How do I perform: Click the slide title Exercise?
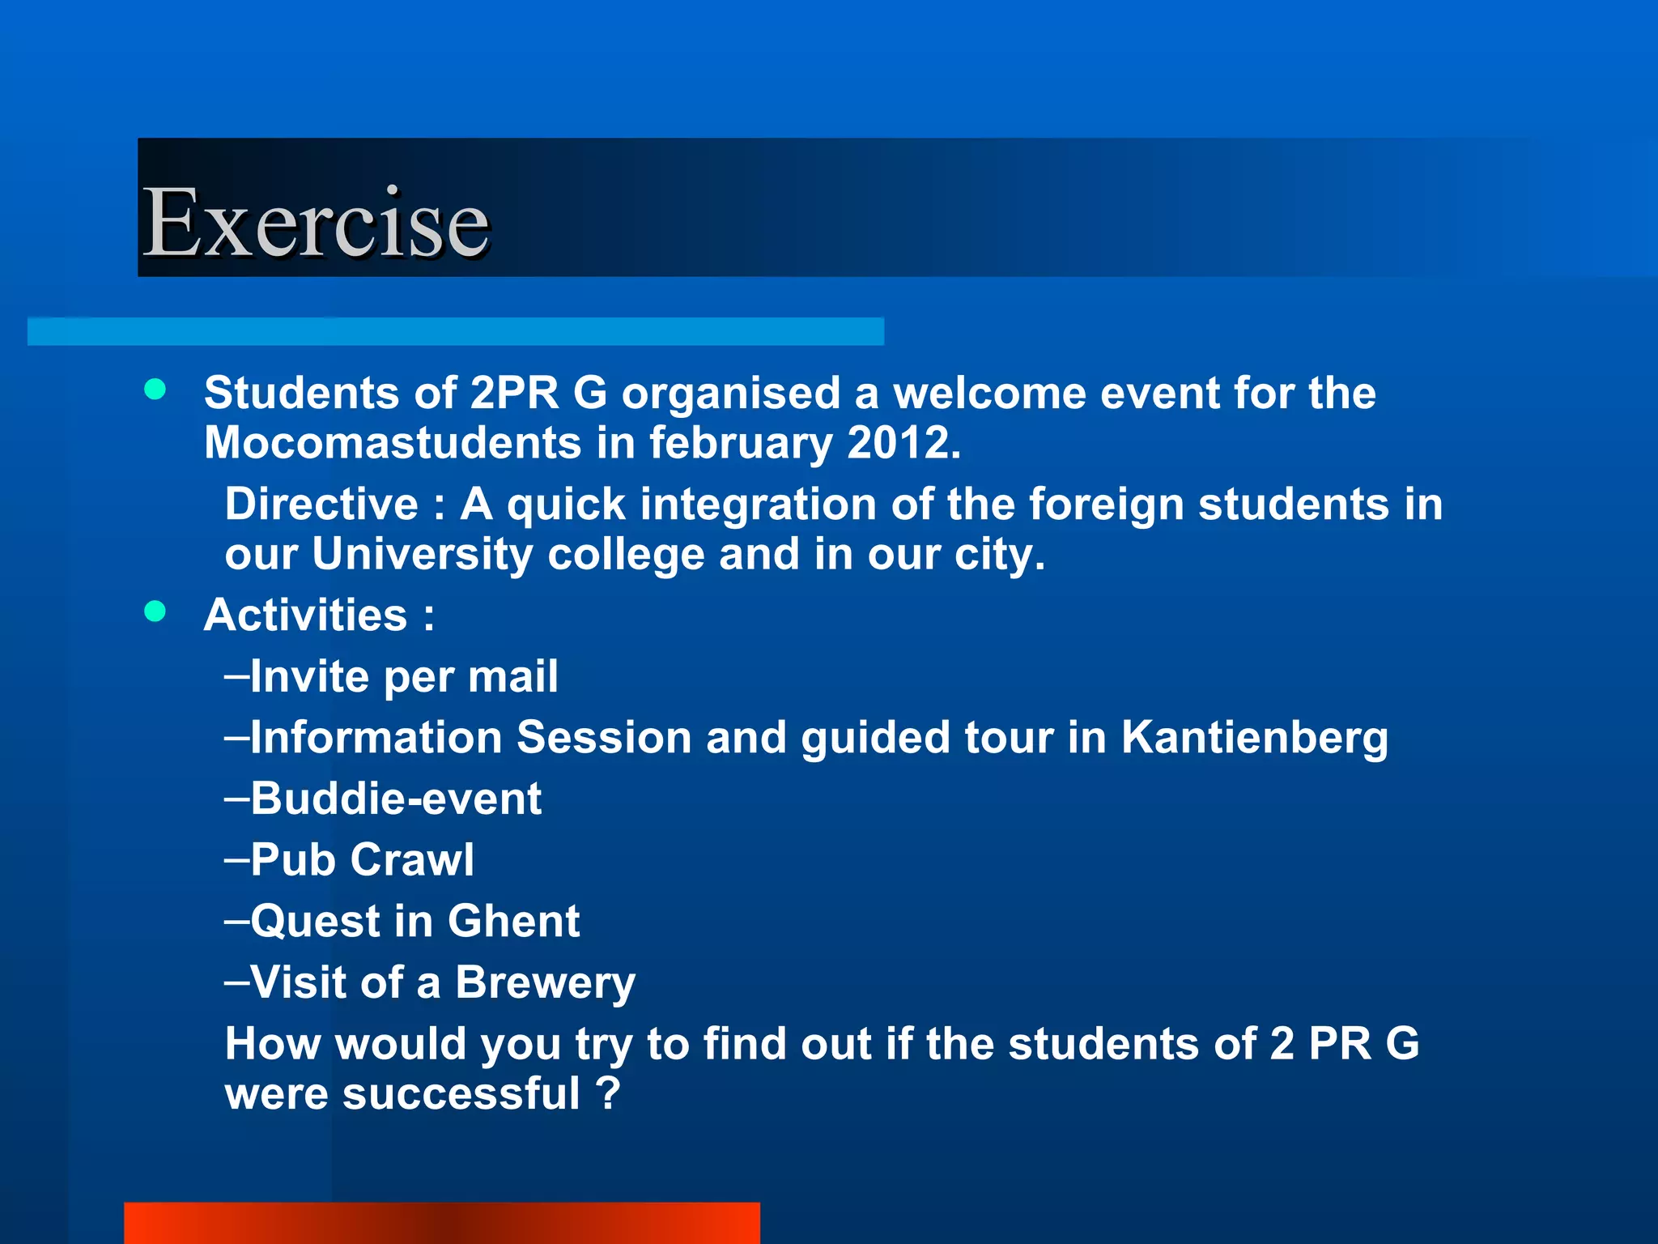[x=316, y=222]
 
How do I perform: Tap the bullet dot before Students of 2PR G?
[x=155, y=390]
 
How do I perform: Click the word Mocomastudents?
[x=393, y=443]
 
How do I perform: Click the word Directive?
[x=321, y=505]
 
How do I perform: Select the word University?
[x=422, y=555]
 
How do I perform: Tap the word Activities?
[x=306, y=615]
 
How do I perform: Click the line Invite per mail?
[x=392, y=676]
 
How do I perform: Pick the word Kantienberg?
[x=1254, y=738]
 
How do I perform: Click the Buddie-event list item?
[x=384, y=799]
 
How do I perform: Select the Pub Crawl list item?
[x=350, y=859]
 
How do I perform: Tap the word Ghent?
[x=513, y=921]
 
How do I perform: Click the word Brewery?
[x=545, y=982]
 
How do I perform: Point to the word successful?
[x=461, y=1093]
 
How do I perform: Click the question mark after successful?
[x=607, y=1093]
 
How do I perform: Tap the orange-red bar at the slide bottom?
[x=441, y=1223]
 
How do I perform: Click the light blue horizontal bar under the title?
[x=455, y=331]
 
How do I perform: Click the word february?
[x=740, y=443]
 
